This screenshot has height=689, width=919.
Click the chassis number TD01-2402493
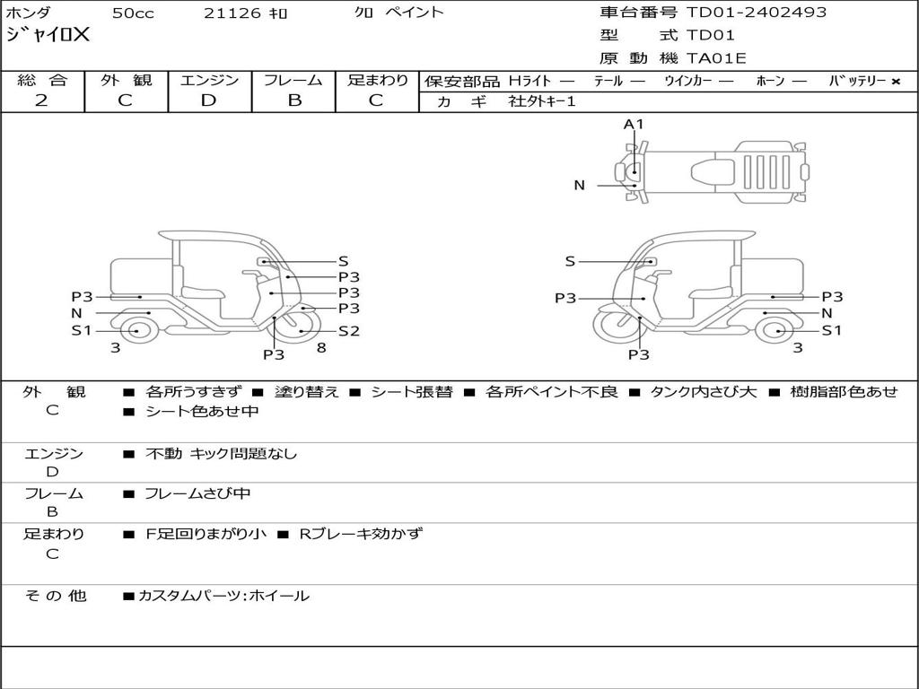(757, 13)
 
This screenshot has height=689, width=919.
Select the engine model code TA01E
(716, 59)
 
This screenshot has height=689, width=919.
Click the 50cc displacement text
(133, 13)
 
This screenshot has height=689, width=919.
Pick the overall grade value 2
(41, 100)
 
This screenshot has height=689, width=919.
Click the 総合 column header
(41, 80)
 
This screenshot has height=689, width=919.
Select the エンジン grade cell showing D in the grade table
(209, 100)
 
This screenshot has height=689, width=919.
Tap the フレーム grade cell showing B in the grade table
(294, 100)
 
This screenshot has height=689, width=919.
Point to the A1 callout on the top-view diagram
(634, 124)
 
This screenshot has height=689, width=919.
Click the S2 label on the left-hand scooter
(348, 331)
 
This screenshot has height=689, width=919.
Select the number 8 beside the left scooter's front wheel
(321, 347)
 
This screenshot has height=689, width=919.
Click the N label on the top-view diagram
(580, 186)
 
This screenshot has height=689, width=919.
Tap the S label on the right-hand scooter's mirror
(570, 261)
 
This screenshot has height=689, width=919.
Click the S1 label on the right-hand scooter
(832, 330)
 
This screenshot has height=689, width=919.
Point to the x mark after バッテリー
(895, 81)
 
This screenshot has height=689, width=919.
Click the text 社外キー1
(542, 101)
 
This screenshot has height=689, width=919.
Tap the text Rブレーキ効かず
(360, 534)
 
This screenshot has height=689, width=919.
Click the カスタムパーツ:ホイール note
(223, 596)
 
